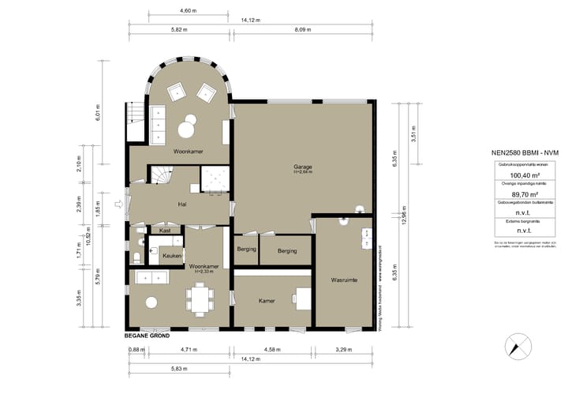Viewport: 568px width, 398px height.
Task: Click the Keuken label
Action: tap(172, 256)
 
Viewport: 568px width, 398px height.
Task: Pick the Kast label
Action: tap(164, 231)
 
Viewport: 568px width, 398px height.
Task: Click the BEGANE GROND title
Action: tap(147, 336)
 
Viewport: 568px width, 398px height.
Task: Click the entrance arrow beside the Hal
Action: tap(119, 205)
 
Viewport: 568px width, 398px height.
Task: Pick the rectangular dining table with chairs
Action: tap(200, 298)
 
